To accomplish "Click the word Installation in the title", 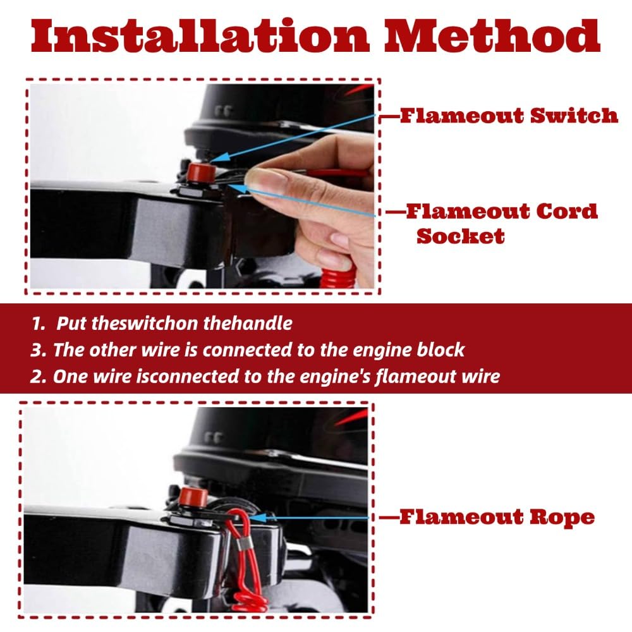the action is tap(200, 36).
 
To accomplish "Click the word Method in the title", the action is tap(492, 36).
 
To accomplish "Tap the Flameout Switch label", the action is tap(509, 116).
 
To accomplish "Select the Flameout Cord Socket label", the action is tap(502, 223).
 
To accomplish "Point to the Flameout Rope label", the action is tap(497, 517).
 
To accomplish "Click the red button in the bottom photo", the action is tap(193, 497).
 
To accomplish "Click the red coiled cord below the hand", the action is tap(337, 274).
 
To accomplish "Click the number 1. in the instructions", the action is tap(39, 323).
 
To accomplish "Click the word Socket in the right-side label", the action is tap(460, 236).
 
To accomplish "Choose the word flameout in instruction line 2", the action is tap(415, 377).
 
